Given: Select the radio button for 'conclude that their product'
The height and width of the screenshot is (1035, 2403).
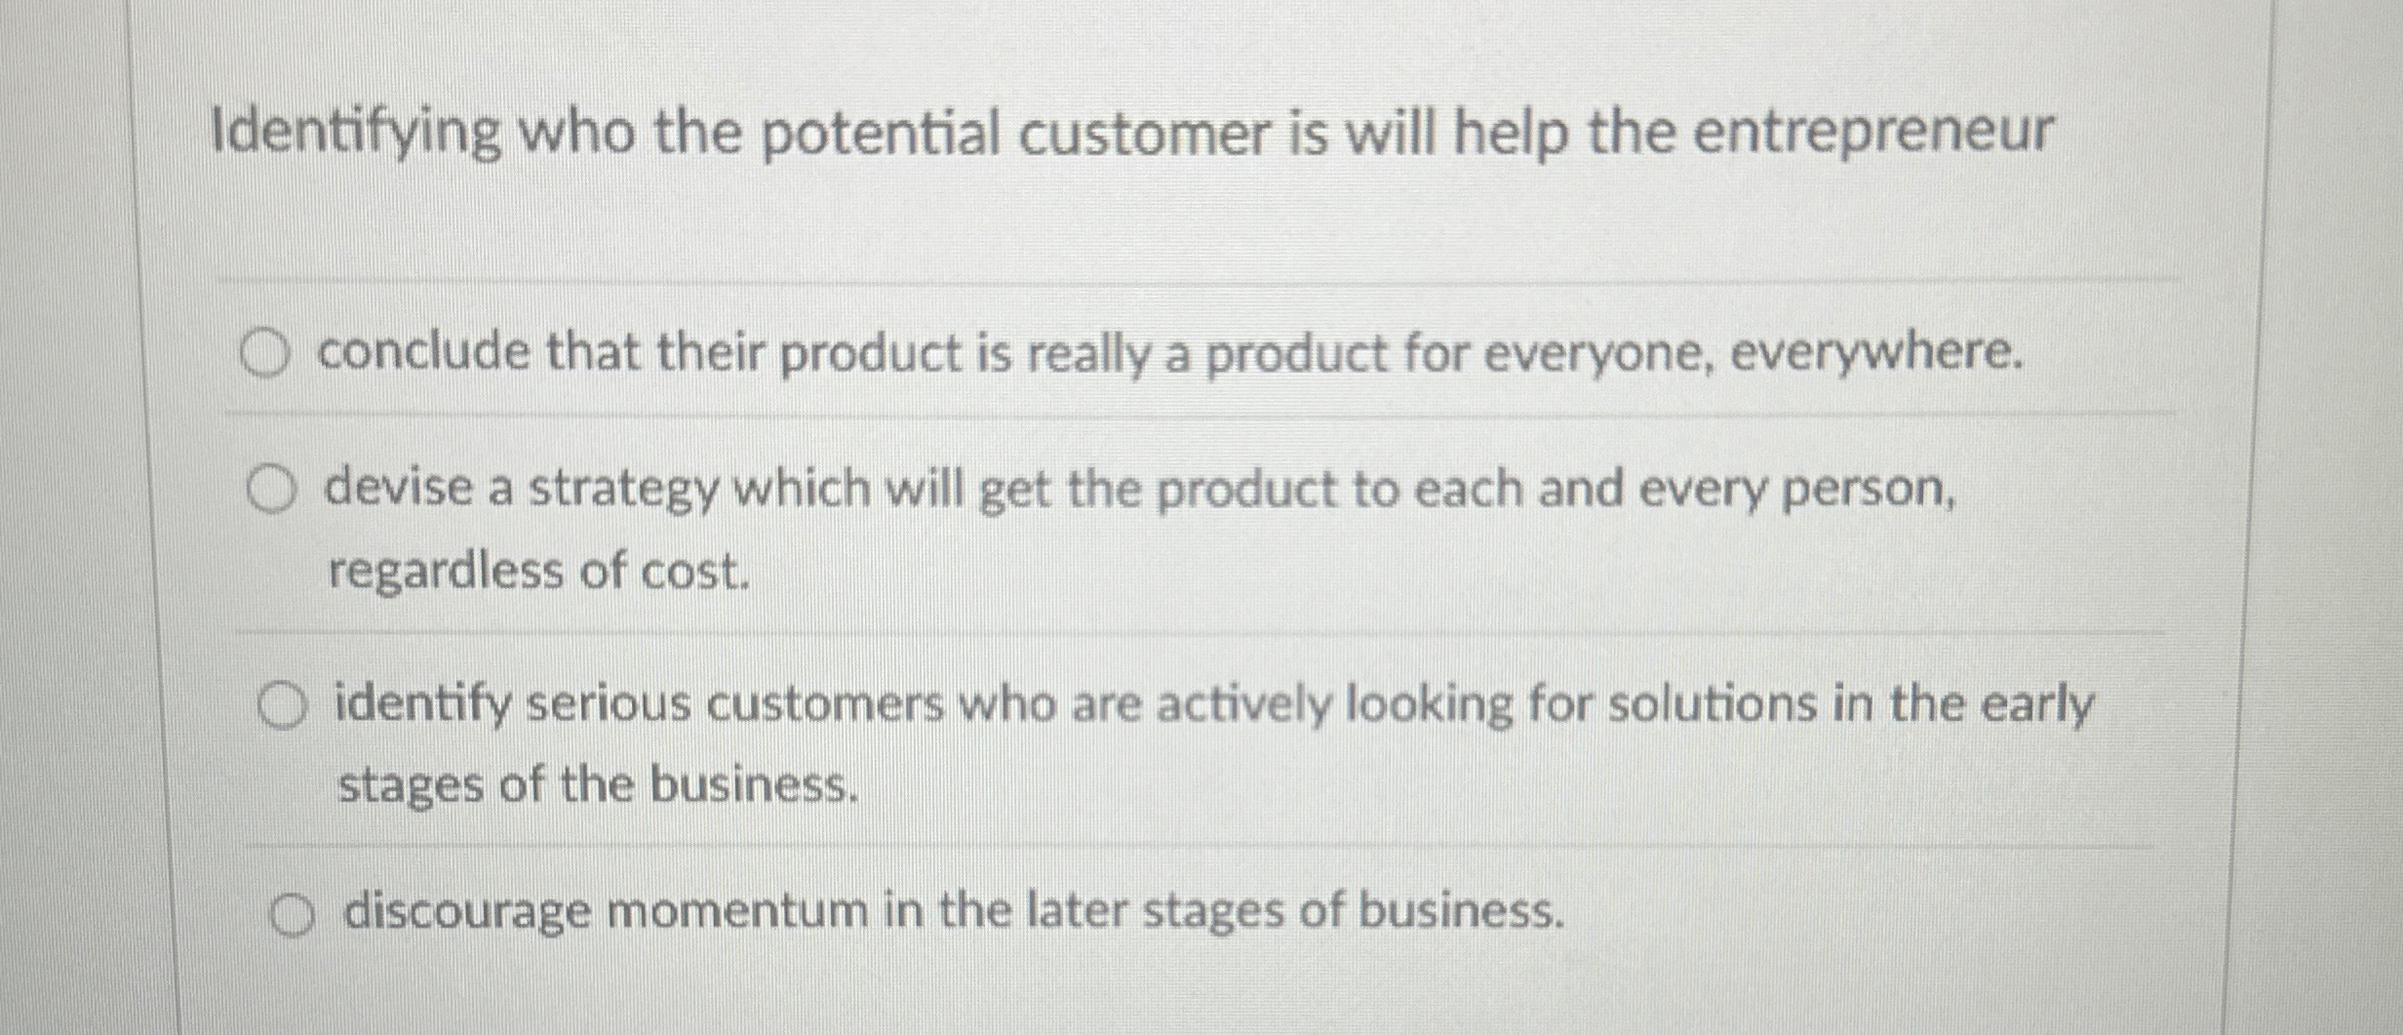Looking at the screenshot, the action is point(265,353).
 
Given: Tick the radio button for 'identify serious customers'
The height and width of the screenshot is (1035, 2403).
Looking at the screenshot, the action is point(282,706).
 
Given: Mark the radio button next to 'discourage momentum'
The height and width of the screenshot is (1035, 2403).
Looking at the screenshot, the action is point(293,917).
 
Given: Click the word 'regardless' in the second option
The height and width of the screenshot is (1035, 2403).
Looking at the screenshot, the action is point(446,571).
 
